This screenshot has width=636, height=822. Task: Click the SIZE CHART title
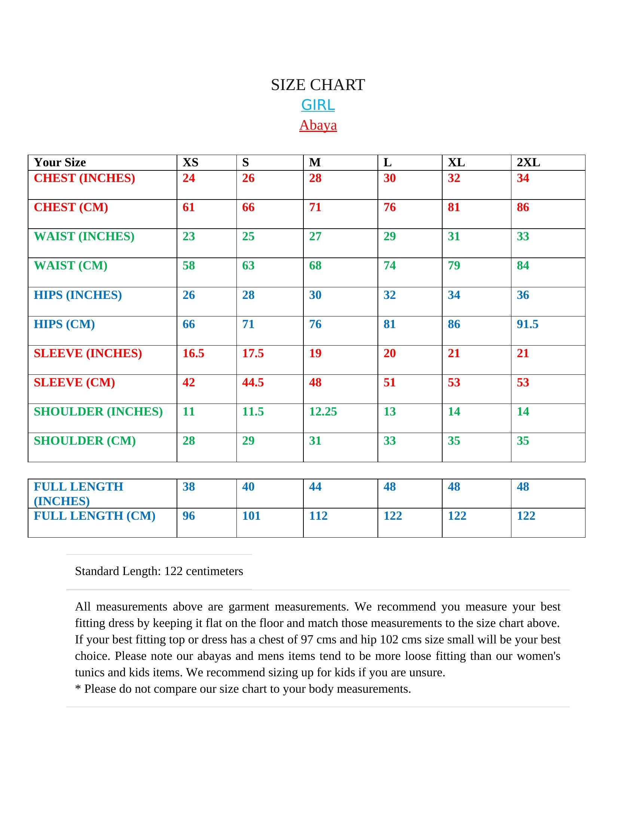(318, 85)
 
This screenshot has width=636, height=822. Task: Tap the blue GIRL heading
(318, 105)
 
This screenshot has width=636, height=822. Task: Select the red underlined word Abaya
(318, 125)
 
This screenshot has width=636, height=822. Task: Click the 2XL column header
(528, 162)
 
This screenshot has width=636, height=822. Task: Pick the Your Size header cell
(60, 162)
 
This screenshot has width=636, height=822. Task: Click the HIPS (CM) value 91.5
(527, 324)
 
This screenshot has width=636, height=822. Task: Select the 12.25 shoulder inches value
(323, 411)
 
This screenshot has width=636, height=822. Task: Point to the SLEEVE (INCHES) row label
(88, 353)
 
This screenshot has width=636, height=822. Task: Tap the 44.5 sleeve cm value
(253, 382)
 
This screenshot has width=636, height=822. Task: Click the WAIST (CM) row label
(70, 265)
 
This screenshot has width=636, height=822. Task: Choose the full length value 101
(251, 516)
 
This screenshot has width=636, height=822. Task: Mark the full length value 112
(318, 516)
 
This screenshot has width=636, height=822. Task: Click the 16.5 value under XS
(193, 353)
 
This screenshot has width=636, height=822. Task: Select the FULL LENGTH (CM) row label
(95, 516)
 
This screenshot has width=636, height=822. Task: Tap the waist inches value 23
(189, 237)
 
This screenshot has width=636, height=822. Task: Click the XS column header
(190, 162)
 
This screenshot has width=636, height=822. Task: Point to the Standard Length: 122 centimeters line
(159, 571)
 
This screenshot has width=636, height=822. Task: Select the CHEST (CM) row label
(71, 207)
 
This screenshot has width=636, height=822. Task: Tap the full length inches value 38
(189, 486)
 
